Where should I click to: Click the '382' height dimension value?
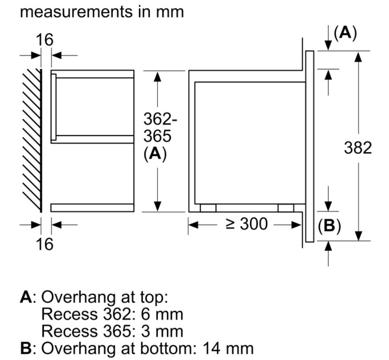tap(358, 147)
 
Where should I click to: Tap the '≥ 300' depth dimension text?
tap(246, 224)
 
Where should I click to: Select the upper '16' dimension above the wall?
tap(45, 40)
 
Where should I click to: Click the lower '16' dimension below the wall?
tap(44, 244)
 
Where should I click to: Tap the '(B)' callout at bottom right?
tap(329, 226)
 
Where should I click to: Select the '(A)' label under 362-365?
tap(155, 154)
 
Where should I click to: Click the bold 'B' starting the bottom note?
tap(25, 347)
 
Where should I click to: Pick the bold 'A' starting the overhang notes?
tap(25, 298)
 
